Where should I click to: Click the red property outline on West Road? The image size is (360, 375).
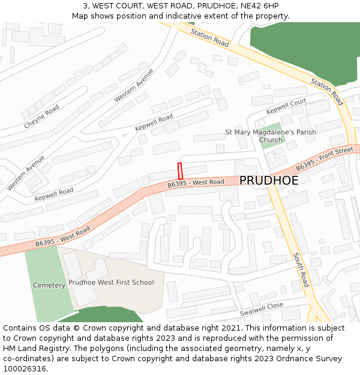coord(179,170)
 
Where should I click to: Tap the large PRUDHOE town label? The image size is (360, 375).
coord(269,181)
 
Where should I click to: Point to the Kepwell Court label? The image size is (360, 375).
coord(286,106)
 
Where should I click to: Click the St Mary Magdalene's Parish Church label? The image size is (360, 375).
coord(271,136)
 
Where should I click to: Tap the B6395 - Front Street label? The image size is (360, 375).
coord(325,158)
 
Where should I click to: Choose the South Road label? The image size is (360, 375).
coord(300,269)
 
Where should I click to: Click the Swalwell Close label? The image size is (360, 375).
coord(262,310)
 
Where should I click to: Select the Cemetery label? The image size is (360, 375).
coord(49,285)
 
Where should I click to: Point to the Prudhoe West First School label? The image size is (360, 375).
coord(111,282)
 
